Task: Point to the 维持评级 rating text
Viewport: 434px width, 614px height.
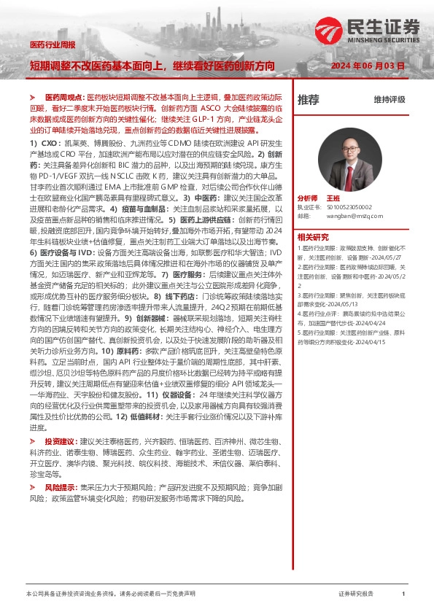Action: click(x=389, y=100)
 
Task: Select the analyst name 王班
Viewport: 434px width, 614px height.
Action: click(x=333, y=198)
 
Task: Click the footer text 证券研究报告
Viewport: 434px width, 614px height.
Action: click(x=356, y=594)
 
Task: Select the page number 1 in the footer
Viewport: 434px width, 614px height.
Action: click(x=403, y=594)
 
